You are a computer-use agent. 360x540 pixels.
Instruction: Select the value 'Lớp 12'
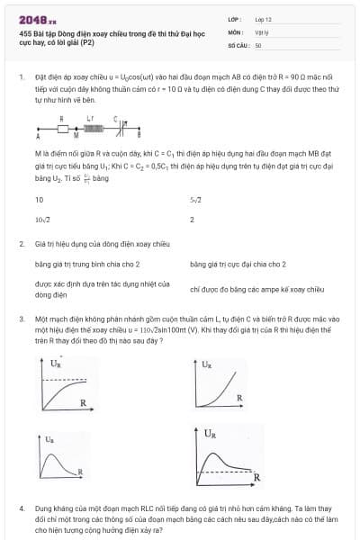click(263, 18)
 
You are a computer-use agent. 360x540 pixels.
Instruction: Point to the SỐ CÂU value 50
click(258, 44)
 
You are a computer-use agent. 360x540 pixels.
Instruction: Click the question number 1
click(21, 78)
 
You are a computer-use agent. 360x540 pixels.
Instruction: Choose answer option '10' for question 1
click(39, 199)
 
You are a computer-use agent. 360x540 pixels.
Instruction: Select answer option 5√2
click(195, 199)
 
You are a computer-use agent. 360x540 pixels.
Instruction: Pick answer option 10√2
click(41, 220)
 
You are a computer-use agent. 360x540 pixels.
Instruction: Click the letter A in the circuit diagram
click(38, 138)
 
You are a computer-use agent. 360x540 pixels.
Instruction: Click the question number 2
click(21, 244)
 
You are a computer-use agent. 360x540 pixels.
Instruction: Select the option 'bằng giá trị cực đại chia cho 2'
click(238, 265)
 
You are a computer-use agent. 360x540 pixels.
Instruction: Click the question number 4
click(21, 508)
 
